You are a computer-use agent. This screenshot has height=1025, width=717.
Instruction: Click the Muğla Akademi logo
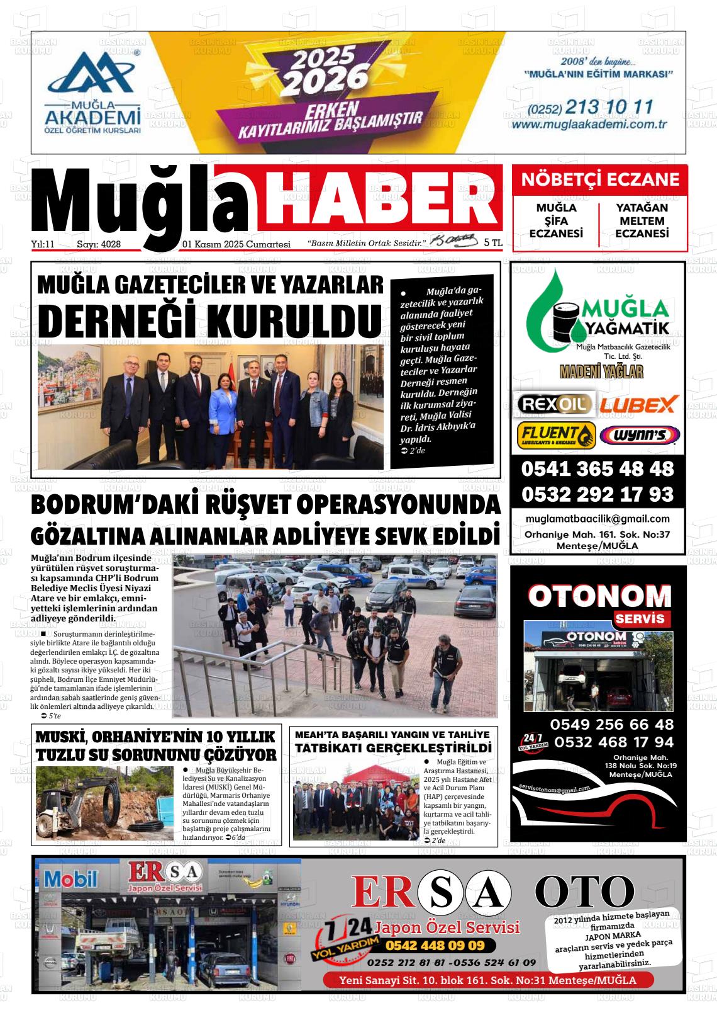coord(92,92)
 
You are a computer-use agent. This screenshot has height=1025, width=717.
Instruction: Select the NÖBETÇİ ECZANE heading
coord(600,180)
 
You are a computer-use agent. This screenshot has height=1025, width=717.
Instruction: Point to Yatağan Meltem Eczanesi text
coord(642,220)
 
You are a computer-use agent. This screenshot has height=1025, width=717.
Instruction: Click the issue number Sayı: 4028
coord(99,244)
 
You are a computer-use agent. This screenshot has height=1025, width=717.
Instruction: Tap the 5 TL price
coord(493,242)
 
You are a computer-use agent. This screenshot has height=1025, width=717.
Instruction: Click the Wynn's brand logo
coord(640,435)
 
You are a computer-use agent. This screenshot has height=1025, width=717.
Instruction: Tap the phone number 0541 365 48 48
coord(597,469)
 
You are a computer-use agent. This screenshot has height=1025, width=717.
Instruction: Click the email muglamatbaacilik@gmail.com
coord(597,519)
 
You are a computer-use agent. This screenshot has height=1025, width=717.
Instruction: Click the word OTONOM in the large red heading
coord(599,596)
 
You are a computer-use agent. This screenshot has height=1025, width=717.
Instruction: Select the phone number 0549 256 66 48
coord(612,725)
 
